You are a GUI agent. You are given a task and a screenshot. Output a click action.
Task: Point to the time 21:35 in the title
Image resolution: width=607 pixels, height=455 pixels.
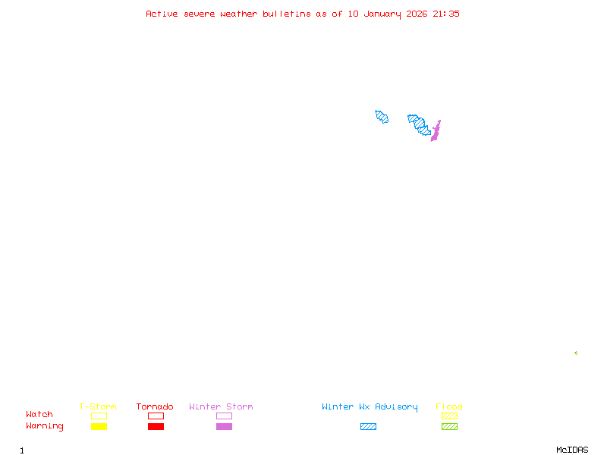click(446, 14)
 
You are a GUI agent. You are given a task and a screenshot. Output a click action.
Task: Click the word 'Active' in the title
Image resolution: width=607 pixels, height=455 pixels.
click(162, 14)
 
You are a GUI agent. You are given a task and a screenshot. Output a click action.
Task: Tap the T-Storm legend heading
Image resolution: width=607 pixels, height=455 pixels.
click(98, 406)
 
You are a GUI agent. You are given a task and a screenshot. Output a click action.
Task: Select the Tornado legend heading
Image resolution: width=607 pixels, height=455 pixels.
click(155, 406)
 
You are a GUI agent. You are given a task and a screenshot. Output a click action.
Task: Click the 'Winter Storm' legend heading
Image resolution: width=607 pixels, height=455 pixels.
click(221, 406)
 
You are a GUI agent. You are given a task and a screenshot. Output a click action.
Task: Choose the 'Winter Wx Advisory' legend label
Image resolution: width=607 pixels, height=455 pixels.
click(370, 407)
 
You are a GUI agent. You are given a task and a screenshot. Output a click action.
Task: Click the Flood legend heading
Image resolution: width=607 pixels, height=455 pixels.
click(449, 406)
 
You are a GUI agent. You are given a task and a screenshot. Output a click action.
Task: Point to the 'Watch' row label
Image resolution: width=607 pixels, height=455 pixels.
click(39, 414)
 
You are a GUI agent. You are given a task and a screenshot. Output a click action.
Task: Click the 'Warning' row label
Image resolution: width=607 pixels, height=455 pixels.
click(45, 426)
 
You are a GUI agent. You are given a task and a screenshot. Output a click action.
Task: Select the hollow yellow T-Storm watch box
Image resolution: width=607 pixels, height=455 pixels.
click(99, 416)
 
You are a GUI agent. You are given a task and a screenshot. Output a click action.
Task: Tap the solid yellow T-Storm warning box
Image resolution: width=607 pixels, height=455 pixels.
click(99, 426)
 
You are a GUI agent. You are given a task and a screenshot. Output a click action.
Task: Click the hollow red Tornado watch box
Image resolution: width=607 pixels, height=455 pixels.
click(156, 416)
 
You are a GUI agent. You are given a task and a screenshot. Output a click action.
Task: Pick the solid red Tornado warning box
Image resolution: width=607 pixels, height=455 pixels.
click(156, 426)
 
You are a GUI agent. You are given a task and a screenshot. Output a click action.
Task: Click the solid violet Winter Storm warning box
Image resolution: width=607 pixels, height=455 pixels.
click(224, 426)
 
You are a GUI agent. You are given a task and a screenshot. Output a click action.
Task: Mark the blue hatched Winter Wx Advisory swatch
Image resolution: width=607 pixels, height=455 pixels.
click(368, 426)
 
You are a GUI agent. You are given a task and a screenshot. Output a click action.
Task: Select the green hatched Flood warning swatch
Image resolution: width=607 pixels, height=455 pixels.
click(449, 426)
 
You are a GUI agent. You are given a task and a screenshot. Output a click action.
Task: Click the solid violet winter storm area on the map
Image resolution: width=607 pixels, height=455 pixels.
click(436, 131)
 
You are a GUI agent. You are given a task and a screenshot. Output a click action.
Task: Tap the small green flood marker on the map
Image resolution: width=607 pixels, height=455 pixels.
click(576, 353)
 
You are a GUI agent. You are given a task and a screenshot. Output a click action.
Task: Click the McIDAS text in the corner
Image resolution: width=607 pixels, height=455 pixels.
click(572, 450)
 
